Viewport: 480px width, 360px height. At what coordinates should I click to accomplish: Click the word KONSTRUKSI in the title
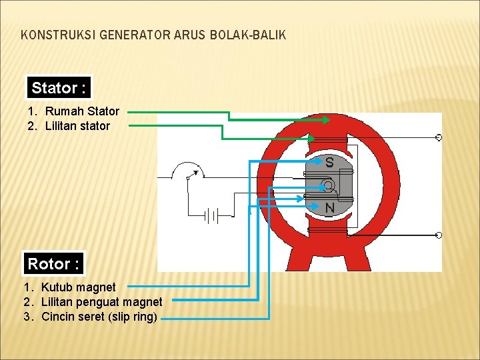58,35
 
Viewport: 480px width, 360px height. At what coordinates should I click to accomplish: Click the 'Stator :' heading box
59,88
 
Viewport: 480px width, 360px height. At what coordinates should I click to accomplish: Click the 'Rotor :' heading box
53,264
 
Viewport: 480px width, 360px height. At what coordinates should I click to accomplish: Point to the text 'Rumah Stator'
82,111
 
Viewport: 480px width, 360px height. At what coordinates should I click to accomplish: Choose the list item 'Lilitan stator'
77,125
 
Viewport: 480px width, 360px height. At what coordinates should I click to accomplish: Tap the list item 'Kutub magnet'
78,287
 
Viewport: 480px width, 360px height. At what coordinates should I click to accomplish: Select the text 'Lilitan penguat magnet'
101,302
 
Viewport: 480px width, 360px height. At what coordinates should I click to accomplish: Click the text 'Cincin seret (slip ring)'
99,317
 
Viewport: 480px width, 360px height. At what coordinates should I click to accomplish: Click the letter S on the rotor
329,163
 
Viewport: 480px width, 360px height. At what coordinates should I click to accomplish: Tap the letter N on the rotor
329,209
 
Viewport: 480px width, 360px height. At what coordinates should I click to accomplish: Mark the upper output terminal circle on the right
438,137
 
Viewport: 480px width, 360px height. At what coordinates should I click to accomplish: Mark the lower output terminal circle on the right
438,235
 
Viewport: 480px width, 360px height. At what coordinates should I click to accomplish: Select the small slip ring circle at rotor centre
327,185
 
